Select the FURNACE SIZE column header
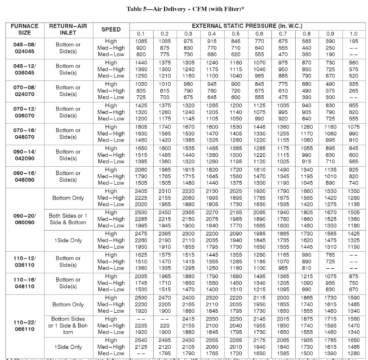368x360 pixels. pos(24,30)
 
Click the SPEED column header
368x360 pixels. pos(111,30)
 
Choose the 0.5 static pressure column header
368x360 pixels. pos(235,34)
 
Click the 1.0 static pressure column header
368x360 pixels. pos(353,34)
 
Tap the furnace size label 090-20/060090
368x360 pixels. pos(24,219)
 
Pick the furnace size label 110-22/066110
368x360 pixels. pos(24,326)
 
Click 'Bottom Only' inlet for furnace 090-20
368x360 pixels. pos(68,198)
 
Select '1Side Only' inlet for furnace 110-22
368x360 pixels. pos(68,347)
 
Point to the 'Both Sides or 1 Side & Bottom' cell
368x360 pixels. pos(68,219)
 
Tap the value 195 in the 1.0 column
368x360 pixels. pos(353,41)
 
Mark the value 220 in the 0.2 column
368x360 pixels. pos(164,326)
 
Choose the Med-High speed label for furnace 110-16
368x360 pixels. pos(111,283)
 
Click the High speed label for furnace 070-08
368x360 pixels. pos(111,84)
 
